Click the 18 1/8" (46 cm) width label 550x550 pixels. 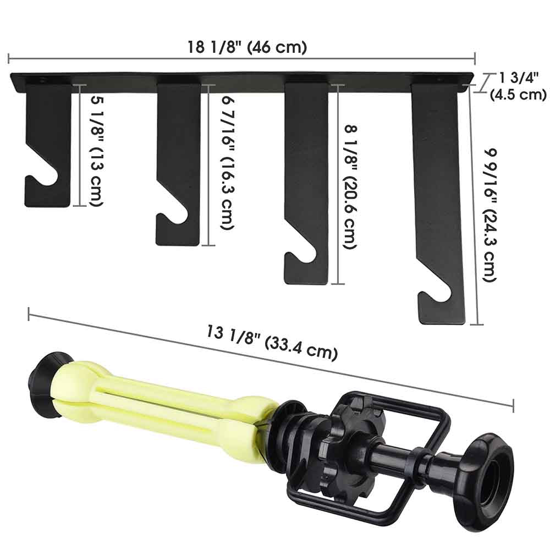pos(248,47)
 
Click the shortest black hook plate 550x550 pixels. pos(50,137)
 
